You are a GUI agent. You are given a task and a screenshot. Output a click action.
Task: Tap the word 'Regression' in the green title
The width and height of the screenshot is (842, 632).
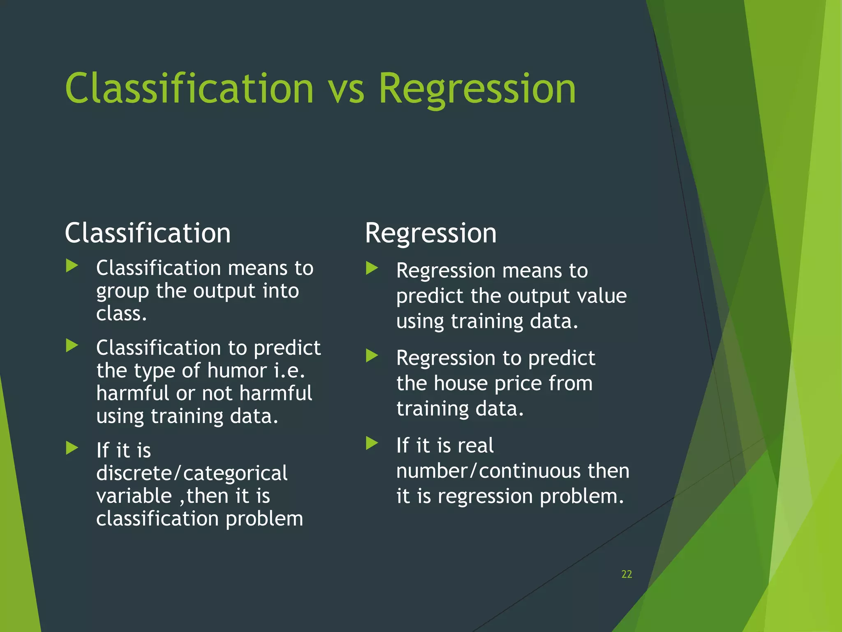(477, 89)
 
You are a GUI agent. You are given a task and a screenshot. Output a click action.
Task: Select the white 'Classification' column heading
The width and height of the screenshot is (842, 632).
(148, 233)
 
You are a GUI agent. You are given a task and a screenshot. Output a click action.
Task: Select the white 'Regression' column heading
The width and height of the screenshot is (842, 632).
(430, 233)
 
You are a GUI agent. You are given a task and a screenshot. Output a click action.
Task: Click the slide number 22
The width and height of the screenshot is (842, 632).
(627, 574)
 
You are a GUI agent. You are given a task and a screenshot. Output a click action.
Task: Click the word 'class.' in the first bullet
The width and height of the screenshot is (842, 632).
(121, 314)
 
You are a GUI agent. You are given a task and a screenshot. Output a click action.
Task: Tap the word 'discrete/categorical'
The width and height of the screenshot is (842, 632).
(192, 473)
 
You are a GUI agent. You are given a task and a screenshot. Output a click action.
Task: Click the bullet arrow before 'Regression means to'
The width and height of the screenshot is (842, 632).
(372, 268)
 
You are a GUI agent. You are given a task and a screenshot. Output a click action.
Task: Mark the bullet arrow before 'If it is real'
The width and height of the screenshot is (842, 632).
(372, 443)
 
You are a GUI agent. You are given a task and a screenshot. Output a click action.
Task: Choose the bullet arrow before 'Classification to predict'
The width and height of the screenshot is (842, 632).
(72, 346)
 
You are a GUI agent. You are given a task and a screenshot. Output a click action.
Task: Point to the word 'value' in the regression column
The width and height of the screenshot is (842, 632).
(602, 296)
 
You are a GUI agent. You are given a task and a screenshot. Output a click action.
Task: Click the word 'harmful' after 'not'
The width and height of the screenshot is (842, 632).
(275, 393)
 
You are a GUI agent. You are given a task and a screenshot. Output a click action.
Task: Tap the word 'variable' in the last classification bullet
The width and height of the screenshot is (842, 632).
(134, 496)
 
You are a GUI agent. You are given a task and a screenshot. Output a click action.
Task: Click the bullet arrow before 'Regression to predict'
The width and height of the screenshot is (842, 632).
(372, 355)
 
